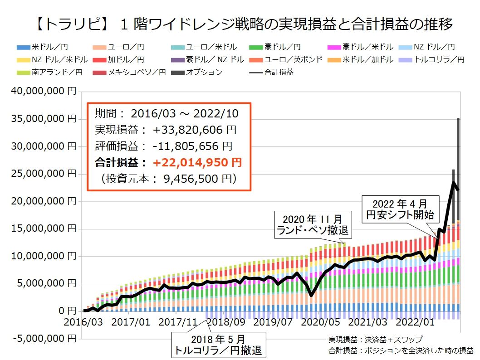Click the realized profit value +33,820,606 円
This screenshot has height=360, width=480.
(195, 130)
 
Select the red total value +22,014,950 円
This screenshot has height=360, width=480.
(197, 162)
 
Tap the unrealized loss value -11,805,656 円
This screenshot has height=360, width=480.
(192, 146)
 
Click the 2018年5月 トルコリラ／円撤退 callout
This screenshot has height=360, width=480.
(218, 345)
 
